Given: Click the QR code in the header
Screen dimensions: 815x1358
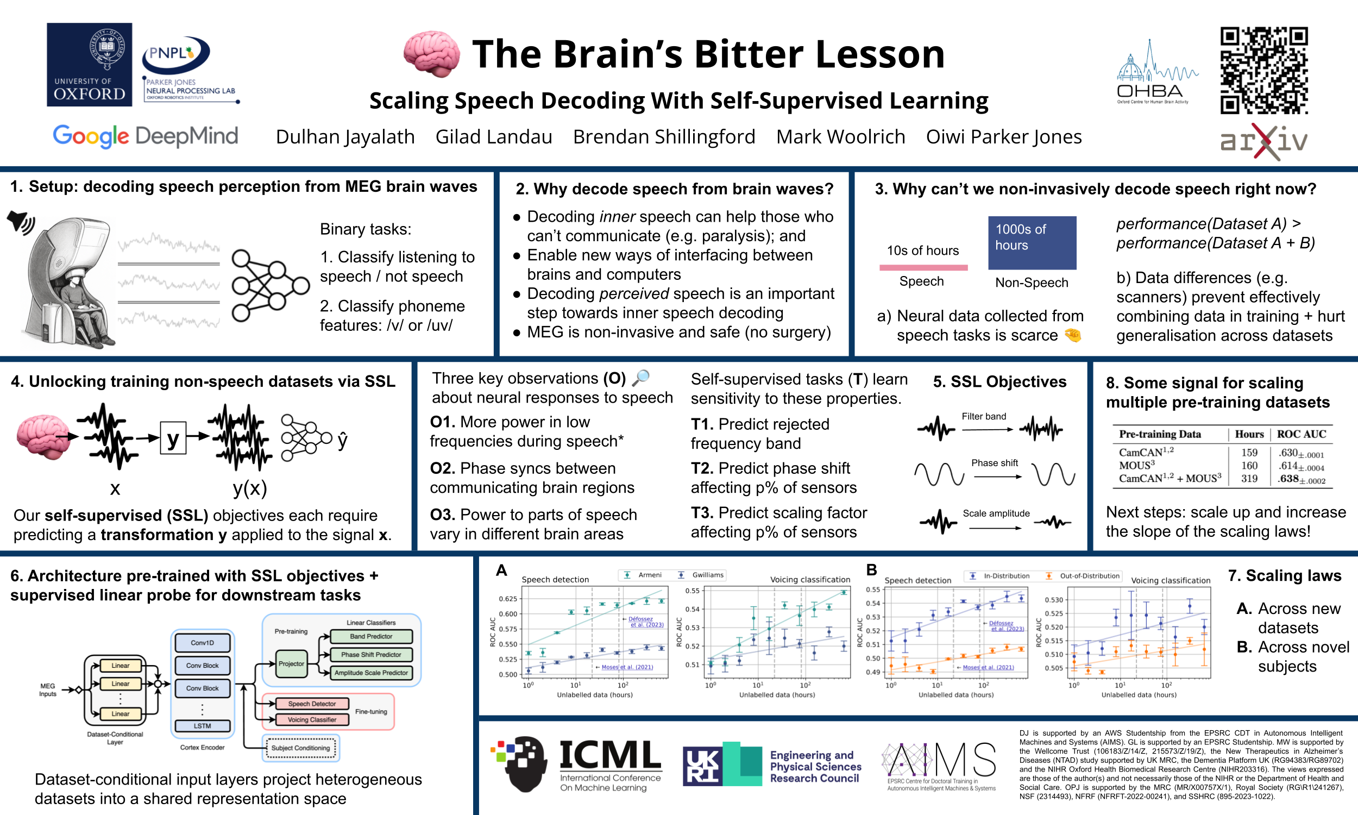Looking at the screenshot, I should [x=1263, y=70].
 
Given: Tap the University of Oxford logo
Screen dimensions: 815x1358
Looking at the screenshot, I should [x=90, y=64].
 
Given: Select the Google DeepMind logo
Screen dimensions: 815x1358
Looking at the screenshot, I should [x=146, y=136].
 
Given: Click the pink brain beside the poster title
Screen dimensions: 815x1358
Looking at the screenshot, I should [x=431, y=54].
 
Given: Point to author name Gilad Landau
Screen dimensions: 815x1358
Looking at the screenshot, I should [x=493, y=137].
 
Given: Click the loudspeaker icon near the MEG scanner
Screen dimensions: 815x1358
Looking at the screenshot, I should [x=21, y=222].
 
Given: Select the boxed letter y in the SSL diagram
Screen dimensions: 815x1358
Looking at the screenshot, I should [x=173, y=438].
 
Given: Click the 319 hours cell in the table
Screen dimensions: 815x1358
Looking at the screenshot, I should [x=1249, y=478].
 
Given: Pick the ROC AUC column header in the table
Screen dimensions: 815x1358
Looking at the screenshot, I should [x=1301, y=434].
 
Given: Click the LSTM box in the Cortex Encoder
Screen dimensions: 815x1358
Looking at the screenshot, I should [x=202, y=725].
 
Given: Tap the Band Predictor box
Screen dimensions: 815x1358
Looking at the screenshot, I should [x=371, y=636].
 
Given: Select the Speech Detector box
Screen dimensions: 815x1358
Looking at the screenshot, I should [x=312, y=704].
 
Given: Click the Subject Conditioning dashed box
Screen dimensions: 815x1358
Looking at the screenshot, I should [x=301, y=748].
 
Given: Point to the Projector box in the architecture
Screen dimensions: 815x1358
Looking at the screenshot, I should [x=291, y=663].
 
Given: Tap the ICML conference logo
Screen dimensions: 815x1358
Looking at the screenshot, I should [x=576, y=764].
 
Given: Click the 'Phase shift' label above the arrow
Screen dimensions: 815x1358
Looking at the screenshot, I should [x=994, y=463].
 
